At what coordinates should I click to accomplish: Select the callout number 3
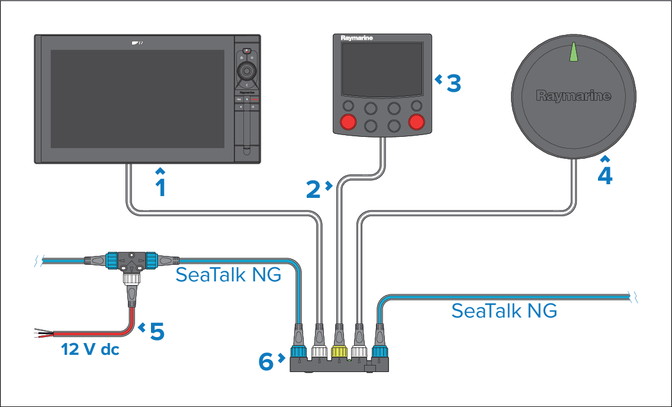click(453, 83)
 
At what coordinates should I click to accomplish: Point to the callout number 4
click(605, 175)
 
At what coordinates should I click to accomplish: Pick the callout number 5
click(157, 331)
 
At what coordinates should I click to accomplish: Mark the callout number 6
click(267, 360)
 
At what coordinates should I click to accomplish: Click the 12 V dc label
click(91, 350)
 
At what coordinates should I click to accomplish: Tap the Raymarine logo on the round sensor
click(573, 95)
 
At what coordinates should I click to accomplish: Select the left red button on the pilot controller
click(348, 123)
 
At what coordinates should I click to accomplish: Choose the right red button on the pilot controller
click(417, 123)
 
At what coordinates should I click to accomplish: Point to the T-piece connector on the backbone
click(131, 261)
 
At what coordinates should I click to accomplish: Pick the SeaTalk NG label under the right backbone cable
click(504, 310)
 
